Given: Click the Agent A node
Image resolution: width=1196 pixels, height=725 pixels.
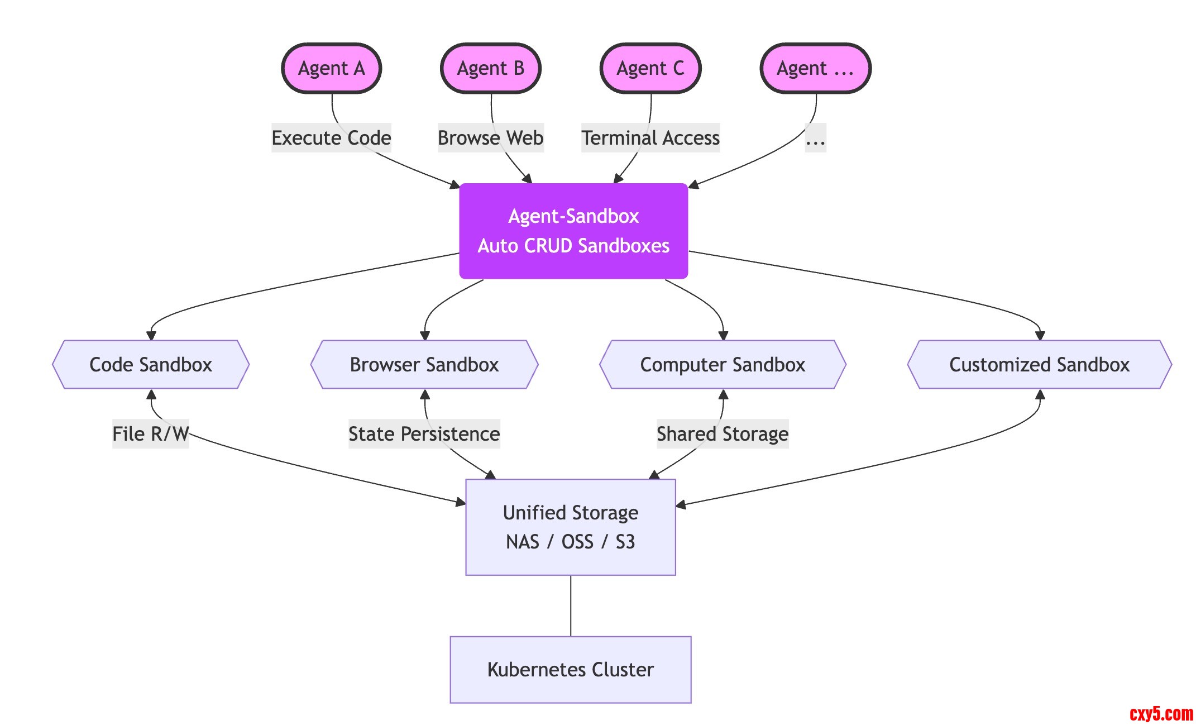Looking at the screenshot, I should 332,68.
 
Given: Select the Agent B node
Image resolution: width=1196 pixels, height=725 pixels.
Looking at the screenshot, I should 491,68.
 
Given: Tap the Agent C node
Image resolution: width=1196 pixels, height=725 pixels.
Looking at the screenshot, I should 650,68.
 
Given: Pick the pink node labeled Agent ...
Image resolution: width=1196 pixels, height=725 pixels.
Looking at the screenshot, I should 816,68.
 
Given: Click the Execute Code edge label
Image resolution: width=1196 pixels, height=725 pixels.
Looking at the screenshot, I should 331,138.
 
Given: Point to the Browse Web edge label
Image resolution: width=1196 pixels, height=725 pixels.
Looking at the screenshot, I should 490,138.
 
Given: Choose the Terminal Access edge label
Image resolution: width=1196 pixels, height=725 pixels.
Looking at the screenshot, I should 650,138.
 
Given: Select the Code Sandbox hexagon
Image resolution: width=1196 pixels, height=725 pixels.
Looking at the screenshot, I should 151,365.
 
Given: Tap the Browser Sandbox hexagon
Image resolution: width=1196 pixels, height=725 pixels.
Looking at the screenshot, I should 424,365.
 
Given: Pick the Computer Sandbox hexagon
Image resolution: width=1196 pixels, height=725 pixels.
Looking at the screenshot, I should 723,365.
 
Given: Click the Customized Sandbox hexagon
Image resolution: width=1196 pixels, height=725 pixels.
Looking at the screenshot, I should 1039,365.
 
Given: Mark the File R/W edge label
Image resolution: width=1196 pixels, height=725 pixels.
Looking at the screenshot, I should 151,434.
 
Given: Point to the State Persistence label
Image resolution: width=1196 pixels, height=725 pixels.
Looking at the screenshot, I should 424,434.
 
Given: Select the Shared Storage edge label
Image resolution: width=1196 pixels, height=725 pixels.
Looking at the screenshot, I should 723,434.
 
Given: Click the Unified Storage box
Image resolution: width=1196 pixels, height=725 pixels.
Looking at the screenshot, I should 571,527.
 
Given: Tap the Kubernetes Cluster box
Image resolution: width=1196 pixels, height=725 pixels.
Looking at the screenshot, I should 571,669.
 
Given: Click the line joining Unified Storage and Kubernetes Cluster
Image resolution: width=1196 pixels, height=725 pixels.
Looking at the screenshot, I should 571,606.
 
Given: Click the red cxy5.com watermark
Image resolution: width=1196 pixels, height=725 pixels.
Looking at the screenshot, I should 1161,713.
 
